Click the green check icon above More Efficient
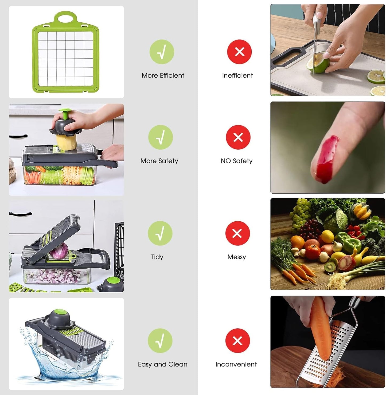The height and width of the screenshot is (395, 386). coord(162,52)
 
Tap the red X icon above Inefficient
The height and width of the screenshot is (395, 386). coord(239,52)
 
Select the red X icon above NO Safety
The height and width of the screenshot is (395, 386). coord(238,137)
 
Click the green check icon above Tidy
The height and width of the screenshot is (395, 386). coord(160,233)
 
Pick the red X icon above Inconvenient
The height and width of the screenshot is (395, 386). coord(237,341)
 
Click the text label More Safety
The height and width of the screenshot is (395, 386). coord(159,161)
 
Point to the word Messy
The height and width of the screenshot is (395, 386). coord(237,257)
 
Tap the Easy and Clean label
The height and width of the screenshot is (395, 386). coord(162,364)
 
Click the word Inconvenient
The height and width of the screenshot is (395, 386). coord(236,364)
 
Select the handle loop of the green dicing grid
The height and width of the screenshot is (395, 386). coord(65,19)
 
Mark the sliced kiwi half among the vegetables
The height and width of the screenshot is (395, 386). coord(330,266)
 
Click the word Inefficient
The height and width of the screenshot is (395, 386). coord(237,75)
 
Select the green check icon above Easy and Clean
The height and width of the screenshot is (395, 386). coord(160,341)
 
